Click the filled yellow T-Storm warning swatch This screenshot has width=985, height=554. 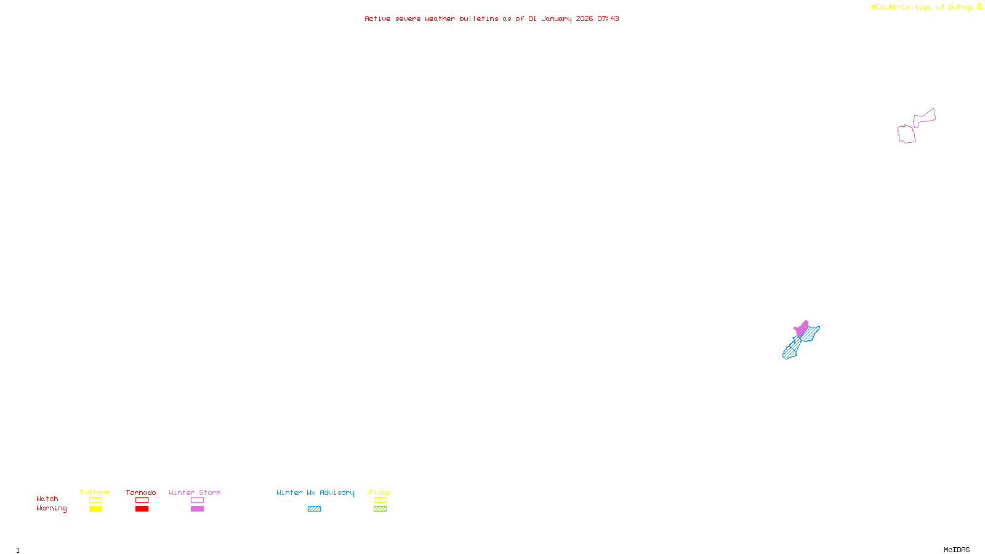[x=95, y=509]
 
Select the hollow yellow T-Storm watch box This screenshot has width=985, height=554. [x=95, y=500]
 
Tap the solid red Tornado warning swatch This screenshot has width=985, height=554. [x=142, y=509]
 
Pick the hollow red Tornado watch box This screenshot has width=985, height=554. [x=142, y=500]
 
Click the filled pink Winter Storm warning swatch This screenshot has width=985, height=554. [x=197, y=509]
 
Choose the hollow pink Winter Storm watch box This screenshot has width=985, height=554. [x=197, y=500]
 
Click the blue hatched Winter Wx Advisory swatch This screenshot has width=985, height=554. [x=314, y=509]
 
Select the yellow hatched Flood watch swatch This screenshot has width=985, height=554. [x=380, y=500]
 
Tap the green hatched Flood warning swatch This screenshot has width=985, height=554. [x=380, y=509]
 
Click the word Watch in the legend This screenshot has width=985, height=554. [x=47, y=499]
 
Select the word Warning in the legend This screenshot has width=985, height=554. [x=51, y=508]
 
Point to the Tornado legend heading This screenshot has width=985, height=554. [x=141, y=492]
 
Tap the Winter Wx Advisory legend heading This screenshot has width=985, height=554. [x=315, y=492]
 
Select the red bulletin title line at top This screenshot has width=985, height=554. [x=491, y=18]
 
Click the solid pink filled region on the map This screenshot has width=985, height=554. [x=802, y=329]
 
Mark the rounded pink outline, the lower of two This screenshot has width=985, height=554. [x=906, y=134]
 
